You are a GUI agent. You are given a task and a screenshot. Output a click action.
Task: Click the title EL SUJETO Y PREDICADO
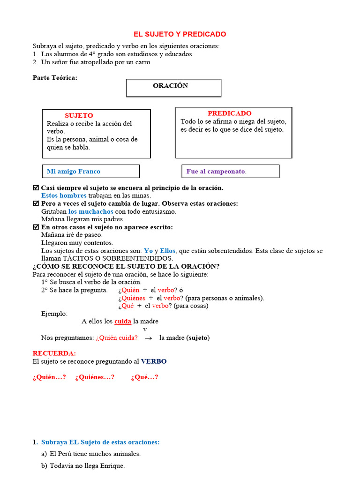coord(180,34)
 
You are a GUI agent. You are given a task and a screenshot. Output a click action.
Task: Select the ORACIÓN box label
coord(170,86)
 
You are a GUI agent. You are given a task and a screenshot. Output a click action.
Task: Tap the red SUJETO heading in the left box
coord(79,115)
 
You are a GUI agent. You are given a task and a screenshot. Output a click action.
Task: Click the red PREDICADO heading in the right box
coord(229,113)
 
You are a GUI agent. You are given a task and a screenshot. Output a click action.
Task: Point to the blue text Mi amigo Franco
coord(74,172)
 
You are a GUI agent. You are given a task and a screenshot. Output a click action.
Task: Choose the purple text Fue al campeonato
coord(216,172)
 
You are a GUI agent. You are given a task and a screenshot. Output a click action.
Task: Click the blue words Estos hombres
coord(64,195)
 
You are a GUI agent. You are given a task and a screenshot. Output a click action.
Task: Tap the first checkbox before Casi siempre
coord(36,188)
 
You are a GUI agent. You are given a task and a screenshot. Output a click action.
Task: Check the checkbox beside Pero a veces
coord(36,204)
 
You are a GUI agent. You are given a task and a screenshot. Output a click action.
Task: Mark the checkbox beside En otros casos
coord(36,227)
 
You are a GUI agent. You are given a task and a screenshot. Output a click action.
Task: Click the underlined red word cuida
coord(123,322)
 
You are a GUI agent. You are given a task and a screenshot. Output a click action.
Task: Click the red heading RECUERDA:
coord(54,353)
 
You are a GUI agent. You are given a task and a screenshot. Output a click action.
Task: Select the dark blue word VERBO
coord(154,361)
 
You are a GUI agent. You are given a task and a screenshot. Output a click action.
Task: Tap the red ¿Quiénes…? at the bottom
coord(95,377)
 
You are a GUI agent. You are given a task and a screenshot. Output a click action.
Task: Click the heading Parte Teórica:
coord(55,78)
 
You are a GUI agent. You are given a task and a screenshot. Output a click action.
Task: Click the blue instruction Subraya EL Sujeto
coord(100,442)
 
